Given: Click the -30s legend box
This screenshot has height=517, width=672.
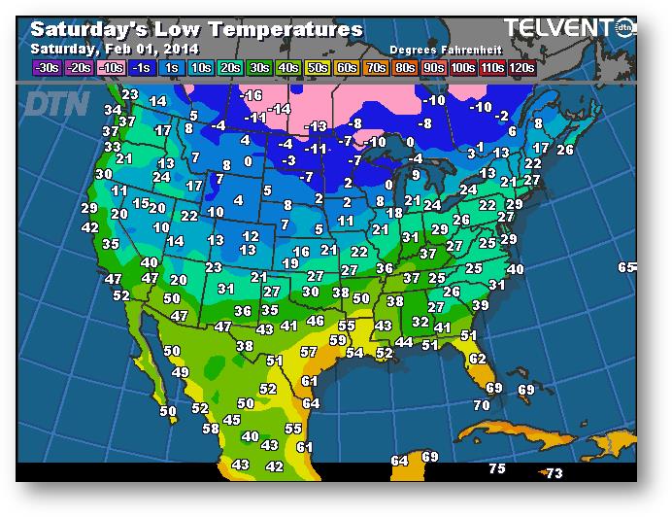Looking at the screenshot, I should coord(47,68).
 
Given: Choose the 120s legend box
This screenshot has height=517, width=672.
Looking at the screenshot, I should coord(521,68).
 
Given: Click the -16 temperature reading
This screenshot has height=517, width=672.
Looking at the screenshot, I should coord(252,95).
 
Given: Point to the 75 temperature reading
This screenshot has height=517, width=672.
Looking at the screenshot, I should coord(496,469).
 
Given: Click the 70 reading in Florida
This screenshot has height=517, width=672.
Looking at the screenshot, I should coord(482,405).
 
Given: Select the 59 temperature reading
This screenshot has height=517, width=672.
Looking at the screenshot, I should coord(338,340).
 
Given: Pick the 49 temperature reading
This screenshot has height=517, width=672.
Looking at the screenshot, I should coord(180,372).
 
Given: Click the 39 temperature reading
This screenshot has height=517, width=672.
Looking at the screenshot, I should coord(480,305).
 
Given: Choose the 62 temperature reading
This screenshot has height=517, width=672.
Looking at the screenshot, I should coord(477,359).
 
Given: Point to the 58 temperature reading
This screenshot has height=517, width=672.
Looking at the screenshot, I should coord(210,429).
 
